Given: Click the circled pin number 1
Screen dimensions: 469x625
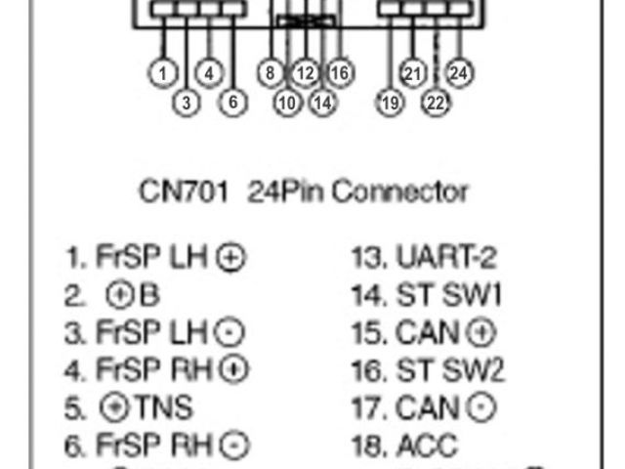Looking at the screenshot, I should [163, 71].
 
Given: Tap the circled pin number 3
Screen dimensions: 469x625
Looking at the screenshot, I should [187, 102].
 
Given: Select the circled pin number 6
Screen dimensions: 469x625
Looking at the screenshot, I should [231, 102].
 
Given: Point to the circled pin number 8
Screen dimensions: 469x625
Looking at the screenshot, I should [270, 71].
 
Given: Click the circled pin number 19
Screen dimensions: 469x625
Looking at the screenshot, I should [390, 102].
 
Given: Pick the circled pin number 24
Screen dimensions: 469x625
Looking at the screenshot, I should [459, 71].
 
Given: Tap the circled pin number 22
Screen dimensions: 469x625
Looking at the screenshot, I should [436, 102].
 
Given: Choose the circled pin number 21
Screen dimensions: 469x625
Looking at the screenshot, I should [412, 71].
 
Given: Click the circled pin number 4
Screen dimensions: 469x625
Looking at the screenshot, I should [209, 71].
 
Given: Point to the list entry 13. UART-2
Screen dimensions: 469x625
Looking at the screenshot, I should [424, 258].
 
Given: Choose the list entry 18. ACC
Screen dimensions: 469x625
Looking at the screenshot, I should [404, 446].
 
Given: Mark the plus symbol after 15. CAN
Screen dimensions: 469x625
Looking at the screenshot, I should [481, 333].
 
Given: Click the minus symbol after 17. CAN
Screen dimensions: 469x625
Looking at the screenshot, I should [481, 408].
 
